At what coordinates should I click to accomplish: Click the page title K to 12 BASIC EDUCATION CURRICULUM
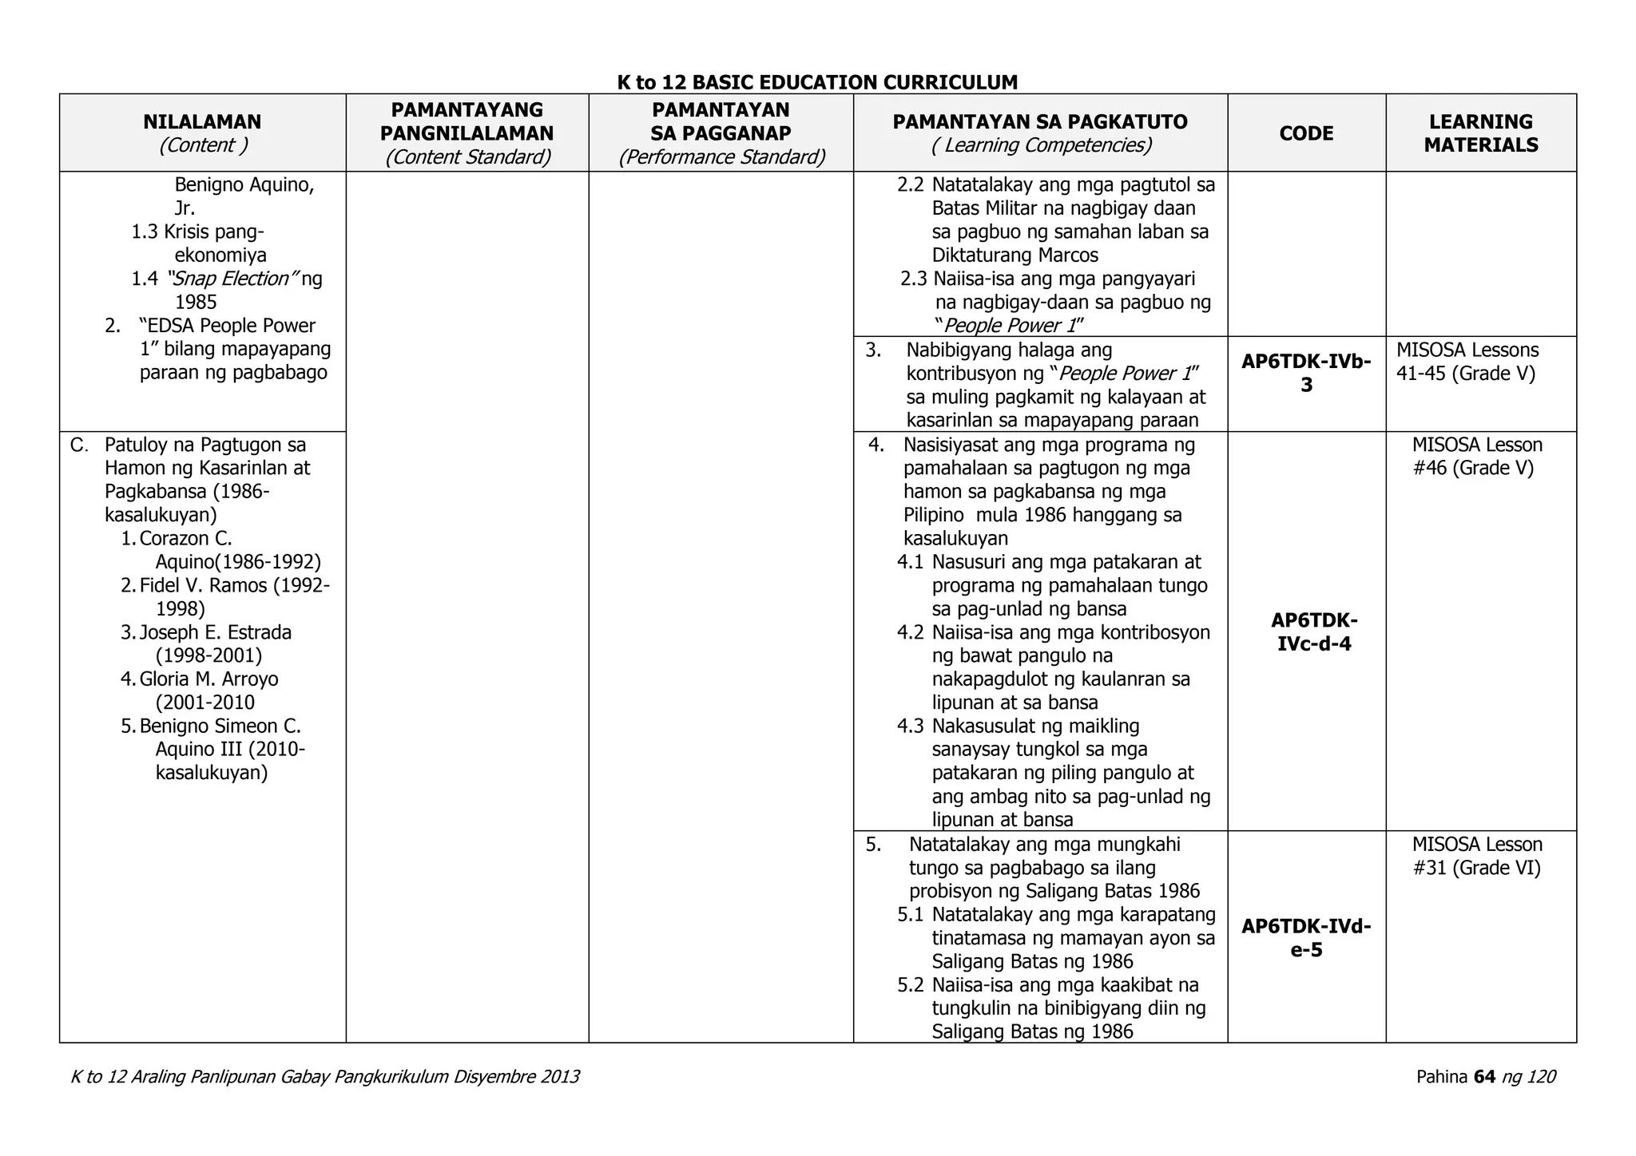817,82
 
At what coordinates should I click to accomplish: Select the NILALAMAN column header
202,122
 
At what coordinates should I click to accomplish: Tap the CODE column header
1306,133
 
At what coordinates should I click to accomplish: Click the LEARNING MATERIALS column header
1480,133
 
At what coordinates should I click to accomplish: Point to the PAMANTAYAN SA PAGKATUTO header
1039,122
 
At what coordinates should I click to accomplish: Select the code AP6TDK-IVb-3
1306,373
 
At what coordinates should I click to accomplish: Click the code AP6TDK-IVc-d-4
1314,632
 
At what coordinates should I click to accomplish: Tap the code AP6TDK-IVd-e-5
1306,938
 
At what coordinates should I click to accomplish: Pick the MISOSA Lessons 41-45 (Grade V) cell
1467,362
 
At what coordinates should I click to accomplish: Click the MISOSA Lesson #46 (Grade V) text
1476,456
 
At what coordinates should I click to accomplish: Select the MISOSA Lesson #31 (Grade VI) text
1476,856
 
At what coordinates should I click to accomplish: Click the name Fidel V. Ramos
203,585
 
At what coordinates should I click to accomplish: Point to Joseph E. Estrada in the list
215,632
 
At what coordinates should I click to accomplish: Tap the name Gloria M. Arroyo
208,679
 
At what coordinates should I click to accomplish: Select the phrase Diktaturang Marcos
1015,255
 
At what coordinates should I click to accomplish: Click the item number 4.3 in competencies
910,726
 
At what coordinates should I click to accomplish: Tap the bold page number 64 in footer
1483,1077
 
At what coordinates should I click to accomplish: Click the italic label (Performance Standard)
721,157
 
